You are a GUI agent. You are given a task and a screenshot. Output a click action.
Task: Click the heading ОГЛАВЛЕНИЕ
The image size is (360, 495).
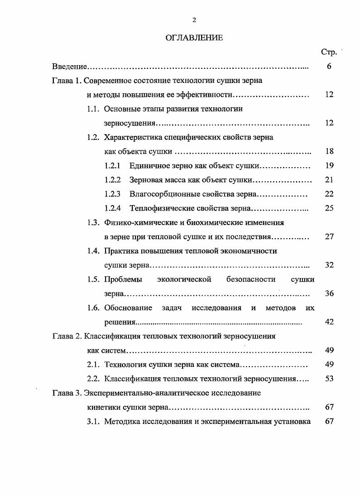194,38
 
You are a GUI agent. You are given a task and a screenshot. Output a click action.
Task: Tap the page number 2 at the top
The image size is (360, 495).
194,19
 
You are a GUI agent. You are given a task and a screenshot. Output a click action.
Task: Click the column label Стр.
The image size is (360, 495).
329,52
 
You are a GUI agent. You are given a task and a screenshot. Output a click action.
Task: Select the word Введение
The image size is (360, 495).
69,67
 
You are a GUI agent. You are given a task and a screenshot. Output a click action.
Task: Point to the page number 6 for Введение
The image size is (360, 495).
329,67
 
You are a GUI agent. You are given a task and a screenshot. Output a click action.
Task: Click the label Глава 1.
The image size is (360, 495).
67,81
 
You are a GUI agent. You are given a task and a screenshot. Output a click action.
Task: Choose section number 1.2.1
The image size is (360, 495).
112,166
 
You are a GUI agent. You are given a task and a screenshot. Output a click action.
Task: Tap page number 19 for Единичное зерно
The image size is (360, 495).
329,166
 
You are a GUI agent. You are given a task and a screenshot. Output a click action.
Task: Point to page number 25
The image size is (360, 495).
329,208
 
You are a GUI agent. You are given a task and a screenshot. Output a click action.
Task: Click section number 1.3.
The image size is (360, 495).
93,222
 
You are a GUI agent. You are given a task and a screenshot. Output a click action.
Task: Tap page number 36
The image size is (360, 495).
329,293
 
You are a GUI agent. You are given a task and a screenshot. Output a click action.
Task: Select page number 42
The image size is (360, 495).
329,322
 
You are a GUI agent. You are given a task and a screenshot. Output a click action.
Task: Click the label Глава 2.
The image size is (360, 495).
67,336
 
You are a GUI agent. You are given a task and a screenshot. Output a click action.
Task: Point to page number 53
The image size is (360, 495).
329,379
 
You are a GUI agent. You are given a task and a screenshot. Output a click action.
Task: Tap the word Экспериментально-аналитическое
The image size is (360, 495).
145,393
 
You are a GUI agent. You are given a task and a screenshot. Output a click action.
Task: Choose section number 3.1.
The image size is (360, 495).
93,421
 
